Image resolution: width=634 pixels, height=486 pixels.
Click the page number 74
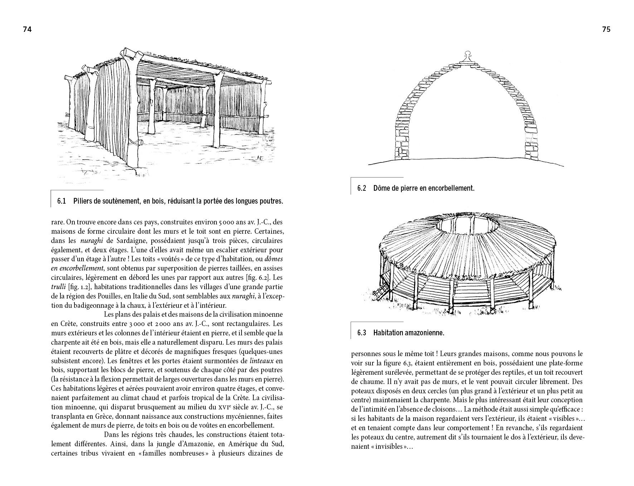click(27, 30)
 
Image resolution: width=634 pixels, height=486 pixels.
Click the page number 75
click(606, 30)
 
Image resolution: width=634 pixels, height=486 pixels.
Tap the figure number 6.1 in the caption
click(62, 201)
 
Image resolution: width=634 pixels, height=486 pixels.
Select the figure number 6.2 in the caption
click(361, 188)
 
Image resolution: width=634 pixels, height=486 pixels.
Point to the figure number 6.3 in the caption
click(361, 333)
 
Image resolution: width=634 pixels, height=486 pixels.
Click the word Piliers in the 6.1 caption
click(83, 201)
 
